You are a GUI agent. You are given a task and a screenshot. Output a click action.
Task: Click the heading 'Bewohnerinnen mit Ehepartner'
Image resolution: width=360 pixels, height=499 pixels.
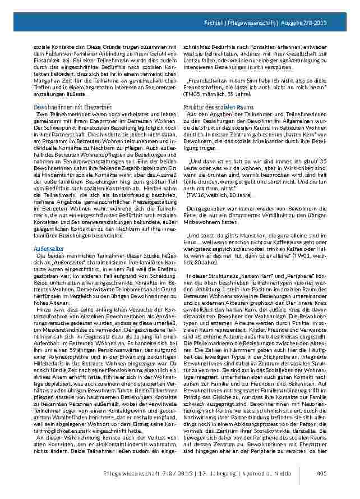64,106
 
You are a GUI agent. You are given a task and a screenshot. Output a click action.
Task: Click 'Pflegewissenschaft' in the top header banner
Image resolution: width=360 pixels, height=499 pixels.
259,22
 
